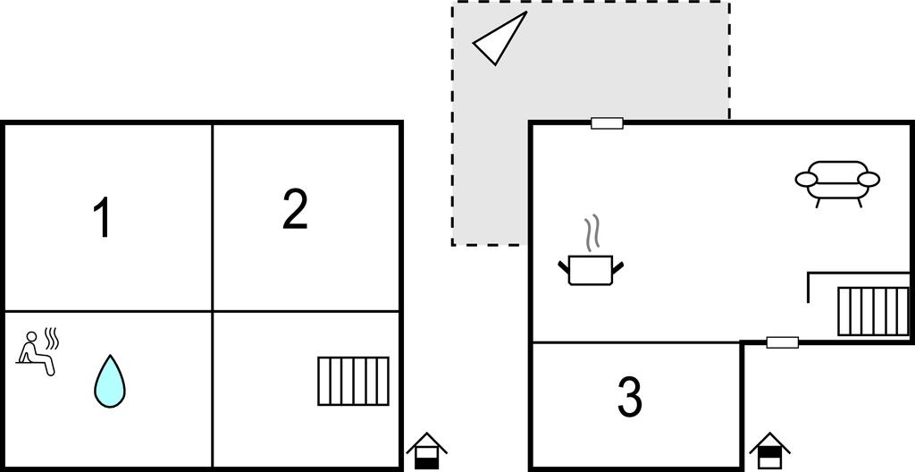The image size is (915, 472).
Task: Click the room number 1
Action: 103,217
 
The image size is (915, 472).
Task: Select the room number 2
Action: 295,209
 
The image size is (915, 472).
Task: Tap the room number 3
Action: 630,397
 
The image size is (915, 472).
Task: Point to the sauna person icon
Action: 36,353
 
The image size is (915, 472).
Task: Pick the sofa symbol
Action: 836,183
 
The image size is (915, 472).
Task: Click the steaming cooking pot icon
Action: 591,250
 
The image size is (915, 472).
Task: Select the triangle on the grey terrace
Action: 499,38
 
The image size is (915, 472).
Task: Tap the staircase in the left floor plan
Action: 353,381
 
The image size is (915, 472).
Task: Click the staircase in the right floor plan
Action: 873,311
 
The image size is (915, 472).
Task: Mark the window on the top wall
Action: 607,123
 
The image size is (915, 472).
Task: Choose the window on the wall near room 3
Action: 782,342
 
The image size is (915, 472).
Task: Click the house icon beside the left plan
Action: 426,451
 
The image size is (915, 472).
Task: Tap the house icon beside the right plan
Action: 769,451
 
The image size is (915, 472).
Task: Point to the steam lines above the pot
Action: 592,233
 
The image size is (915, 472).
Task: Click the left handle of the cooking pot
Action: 564,267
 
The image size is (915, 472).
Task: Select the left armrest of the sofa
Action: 807,180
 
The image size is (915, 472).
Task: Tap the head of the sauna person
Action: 31,336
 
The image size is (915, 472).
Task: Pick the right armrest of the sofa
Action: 869,180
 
